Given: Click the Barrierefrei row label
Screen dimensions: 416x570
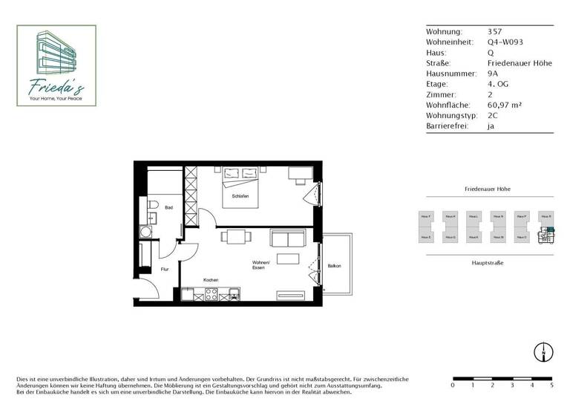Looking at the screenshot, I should pyautogui.click(x=445, y=126).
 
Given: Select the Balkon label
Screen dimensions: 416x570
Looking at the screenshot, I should pyautogui.click(x=334, y=265).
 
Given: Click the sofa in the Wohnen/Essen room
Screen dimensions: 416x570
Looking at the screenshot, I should pyautogui.click(x=288, y=238).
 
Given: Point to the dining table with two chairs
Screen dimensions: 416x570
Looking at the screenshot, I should pyautogui.click(x=235, y=238).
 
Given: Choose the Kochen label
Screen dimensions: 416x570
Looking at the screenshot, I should pyautogui.click(x=210, y=280).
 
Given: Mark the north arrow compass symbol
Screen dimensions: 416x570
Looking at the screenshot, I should pyautogui.click(x=544, y=353).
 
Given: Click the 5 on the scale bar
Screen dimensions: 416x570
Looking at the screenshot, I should pyautogui.click(x=551, y=386).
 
